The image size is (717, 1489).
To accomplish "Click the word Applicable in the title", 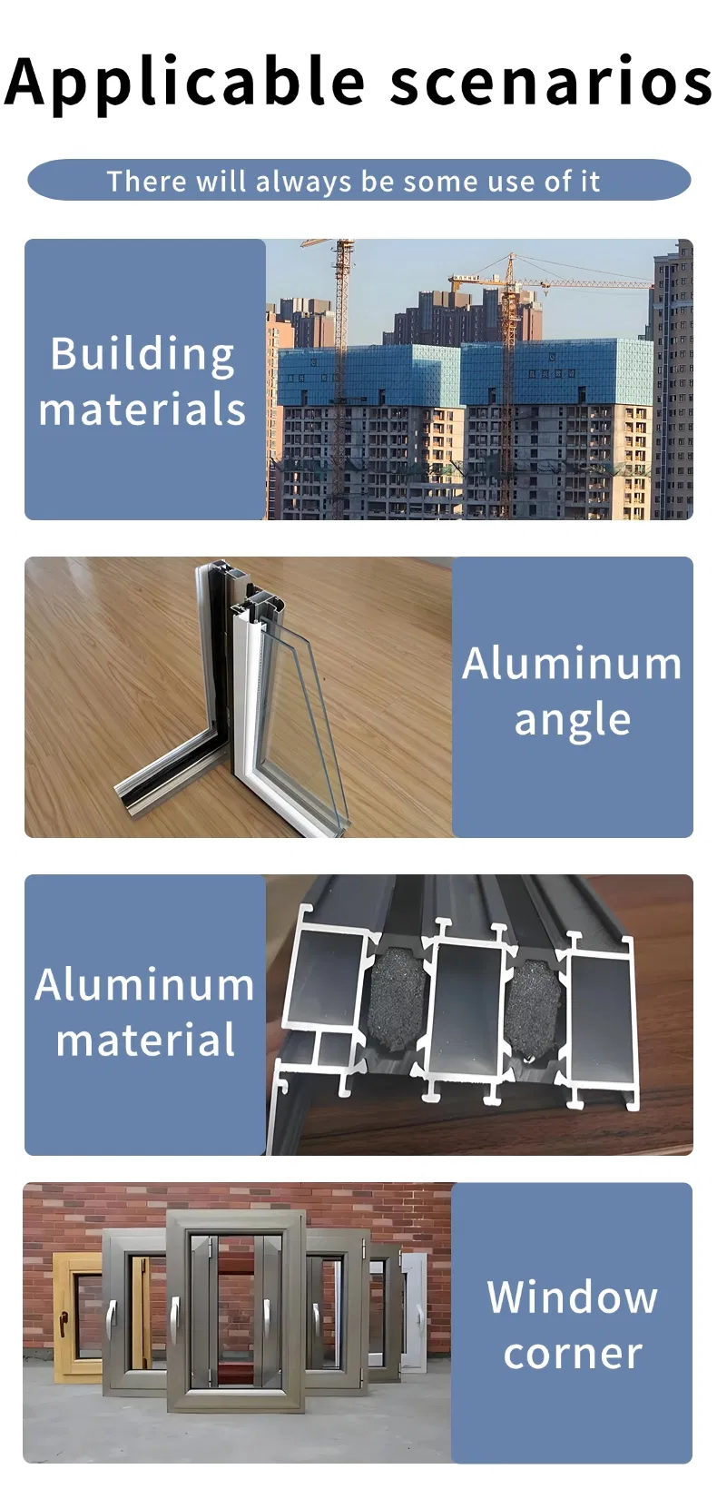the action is point(185,83).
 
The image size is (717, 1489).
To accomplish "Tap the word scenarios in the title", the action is point(551,83).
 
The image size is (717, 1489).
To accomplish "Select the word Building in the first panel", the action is point(142,355).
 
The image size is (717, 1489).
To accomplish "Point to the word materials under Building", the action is point(142,409).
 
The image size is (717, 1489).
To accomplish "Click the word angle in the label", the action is point(572,721).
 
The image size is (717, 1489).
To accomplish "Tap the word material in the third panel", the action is point(145,1040).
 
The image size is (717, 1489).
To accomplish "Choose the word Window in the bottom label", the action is point(572,1297).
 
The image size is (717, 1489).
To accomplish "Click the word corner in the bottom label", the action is point(573,1354).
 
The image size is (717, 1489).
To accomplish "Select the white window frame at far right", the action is point(415,1314).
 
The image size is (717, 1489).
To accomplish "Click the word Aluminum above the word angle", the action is point(572,664).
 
